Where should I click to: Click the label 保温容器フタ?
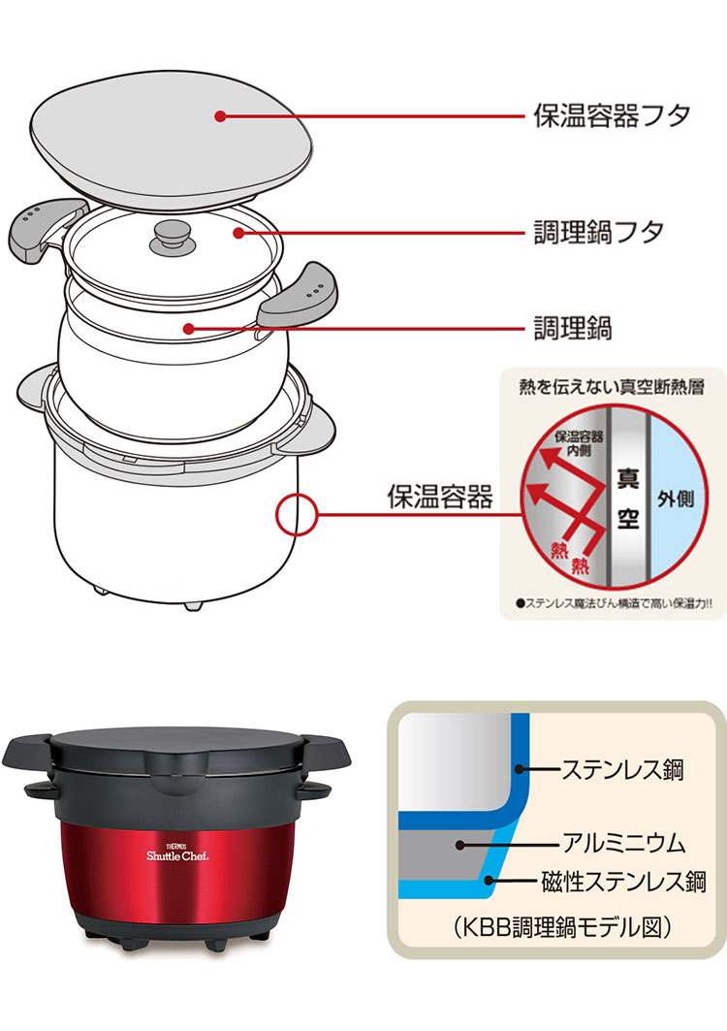612,115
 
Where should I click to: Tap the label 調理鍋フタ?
598,232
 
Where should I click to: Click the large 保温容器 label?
440,498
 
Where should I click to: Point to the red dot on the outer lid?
220,115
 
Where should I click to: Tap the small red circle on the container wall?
297,512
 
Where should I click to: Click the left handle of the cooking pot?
45,226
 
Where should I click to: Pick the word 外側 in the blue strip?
676,499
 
